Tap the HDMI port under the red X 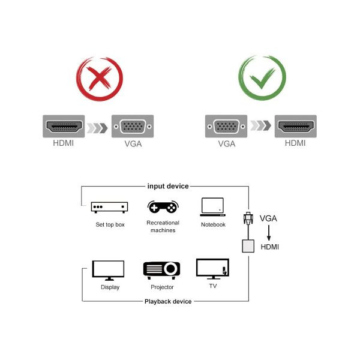[x=65, y=127]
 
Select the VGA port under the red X [x=133, y=127]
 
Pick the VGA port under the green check [x=226, y=127]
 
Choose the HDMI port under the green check [x=295, y=127]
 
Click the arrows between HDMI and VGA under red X [x=98, y=127]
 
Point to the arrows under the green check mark [x=260, y=127]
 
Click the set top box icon [x=109, y=207]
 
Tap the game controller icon [x=163, y=206]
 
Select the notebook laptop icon [x=213, y=206]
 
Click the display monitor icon [x=108, y=270]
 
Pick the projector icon [x=162, y=269]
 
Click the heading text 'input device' [x=168, y=187]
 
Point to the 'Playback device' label [x=168, y=301]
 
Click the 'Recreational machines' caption [x=163, y=226]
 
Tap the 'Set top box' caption [x=110, y=224]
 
